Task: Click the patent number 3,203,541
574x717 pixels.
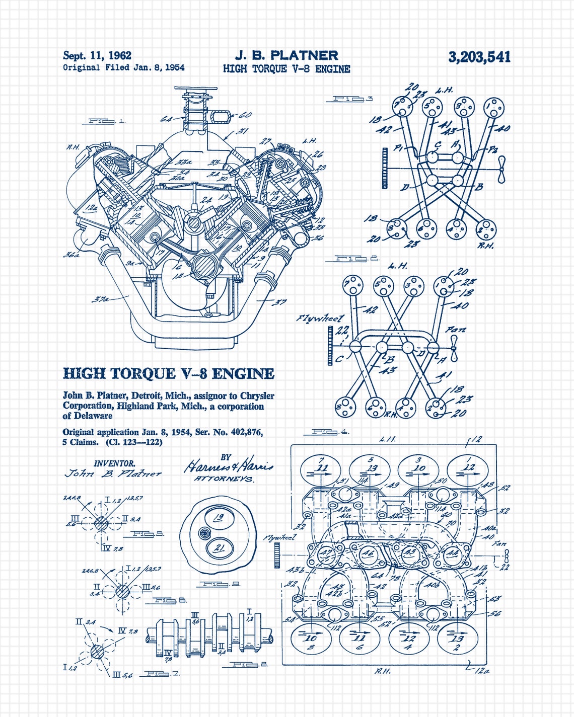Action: pos(479,57)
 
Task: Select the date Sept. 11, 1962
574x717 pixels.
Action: pos(97,55)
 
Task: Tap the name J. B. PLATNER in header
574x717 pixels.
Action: pos(286,55)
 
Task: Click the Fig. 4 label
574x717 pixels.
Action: pos(328,432)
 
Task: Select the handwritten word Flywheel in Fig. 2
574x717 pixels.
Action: pos(320,318)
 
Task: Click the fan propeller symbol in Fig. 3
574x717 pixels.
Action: pos(500,170)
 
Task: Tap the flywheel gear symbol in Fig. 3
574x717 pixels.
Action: pos(385,168)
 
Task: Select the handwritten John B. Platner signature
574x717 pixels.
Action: pos(113,473)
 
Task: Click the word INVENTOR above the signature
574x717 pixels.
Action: pos(114,463)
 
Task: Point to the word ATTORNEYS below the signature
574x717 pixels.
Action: pos(224,479)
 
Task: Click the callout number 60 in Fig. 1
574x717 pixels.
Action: pos(245,115)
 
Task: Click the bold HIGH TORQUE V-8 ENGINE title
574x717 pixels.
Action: pos(169,373)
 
